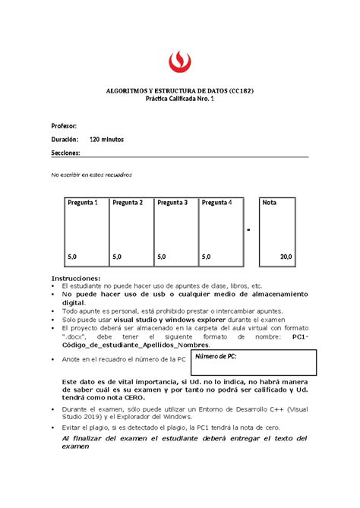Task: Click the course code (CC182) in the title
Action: click(x=242, y=90)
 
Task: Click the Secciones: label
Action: click(x=65, y=153)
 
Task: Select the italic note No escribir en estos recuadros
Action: click(x=90, y=175)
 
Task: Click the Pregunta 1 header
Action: click(x=82, y=203)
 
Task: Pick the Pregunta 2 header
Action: click(x=127, y=203)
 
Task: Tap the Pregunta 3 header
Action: click(x=172, y=203)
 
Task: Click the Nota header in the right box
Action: click(x=270, y=203)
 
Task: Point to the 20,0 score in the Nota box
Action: click(x=285, y=257)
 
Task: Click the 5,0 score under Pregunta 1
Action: click(x=73, y=257)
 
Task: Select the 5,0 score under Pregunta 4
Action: click(x=207, y=257)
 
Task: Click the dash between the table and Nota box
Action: click(x=248, y=231)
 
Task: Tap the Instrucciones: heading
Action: click(x=75, y=278)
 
